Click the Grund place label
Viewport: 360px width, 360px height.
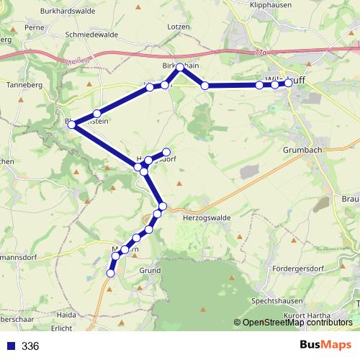click(149, 271)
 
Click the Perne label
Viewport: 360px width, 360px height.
click(34, 27)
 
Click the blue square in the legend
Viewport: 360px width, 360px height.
click(10, 346)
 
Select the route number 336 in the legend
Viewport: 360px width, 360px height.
click(30, 346)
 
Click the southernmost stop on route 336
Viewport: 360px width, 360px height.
click(111, 273)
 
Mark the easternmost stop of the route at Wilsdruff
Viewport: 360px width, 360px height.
click(289, 83)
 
